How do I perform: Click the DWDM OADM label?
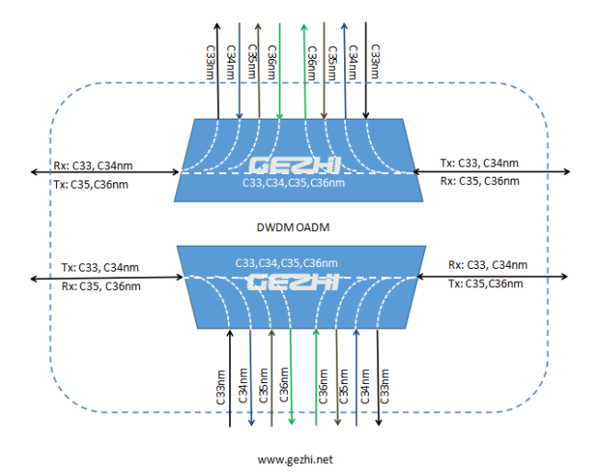pyautogui.click(x=293, y=227)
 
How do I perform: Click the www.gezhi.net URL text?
pyautogui.click(x=295, y=459)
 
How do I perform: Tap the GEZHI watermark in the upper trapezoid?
pyautogui.click(x=294, y=166)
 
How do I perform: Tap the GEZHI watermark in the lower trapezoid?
pyautogui.click(x=293, y=282)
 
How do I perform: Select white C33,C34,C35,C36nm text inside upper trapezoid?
pyautogui.click(x=293, y=183)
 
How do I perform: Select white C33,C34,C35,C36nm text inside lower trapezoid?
pyautogui.click(x=286, y=263)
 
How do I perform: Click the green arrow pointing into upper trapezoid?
pyautogui.click(x=280, y=72)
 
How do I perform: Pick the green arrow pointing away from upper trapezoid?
pyautogui.click(x=305, y=72)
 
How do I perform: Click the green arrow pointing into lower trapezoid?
pyautogui.click(x=316, y=377)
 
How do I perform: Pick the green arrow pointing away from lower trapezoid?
pyautogui.click(x=292, y=377)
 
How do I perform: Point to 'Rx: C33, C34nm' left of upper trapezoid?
pyautogui.click(x=93, y=166)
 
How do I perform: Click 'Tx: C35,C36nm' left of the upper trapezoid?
pyautogui.click(x=91, y=185)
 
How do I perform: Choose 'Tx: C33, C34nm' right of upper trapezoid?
pyautogui.click(x=479, y=163)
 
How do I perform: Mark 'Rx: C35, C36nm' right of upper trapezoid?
pyautogui.click(x=479, y=181)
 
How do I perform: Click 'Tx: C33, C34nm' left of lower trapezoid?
pyautogui.click(x=100, y=268)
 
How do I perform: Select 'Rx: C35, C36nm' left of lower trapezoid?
pyautogui.click(x=101, y=286)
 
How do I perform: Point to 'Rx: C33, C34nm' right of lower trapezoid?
pyautogui.click(x=488, y=265)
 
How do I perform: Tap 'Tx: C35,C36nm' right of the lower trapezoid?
pyautogui.click(x=486, y=284)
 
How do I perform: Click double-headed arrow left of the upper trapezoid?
pyautogui.click(x=105, y=172)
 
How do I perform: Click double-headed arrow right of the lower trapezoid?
pyautogui.click(x=492, y=276)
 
